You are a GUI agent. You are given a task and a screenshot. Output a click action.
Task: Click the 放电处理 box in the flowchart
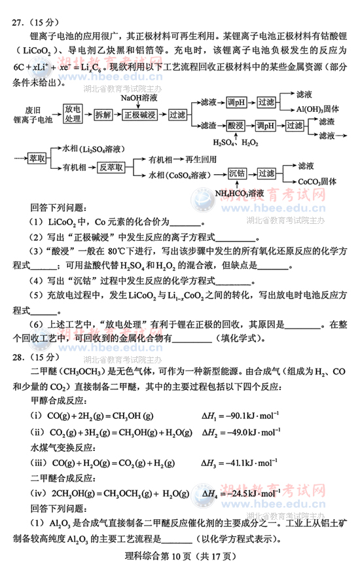pyautogui.click(x=73, y=114)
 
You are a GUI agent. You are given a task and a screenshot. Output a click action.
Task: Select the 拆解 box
pyautogui.click(x=103, y=115)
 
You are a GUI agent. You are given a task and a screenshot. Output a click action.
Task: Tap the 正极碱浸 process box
pyautogui.click(x=141, y=115)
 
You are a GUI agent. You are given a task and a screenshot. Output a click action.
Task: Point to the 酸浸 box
pyautogui.click(x=235, y=125)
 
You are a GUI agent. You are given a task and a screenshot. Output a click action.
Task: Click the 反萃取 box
pyautogui.click(x=111, y=168)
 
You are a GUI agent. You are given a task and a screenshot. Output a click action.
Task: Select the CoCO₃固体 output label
pyautogui.click(x=317, y=181)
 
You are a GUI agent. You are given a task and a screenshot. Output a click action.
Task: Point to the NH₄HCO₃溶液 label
pyautogui.click(x=240, y=193)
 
